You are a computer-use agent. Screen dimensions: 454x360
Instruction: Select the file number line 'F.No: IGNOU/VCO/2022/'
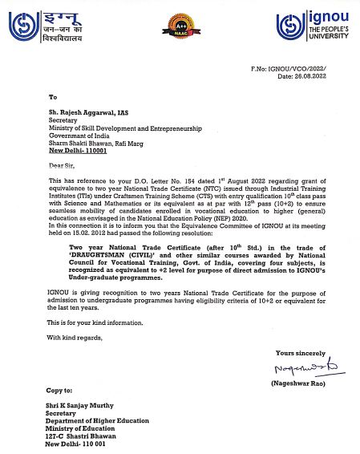(x=307, y=69)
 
